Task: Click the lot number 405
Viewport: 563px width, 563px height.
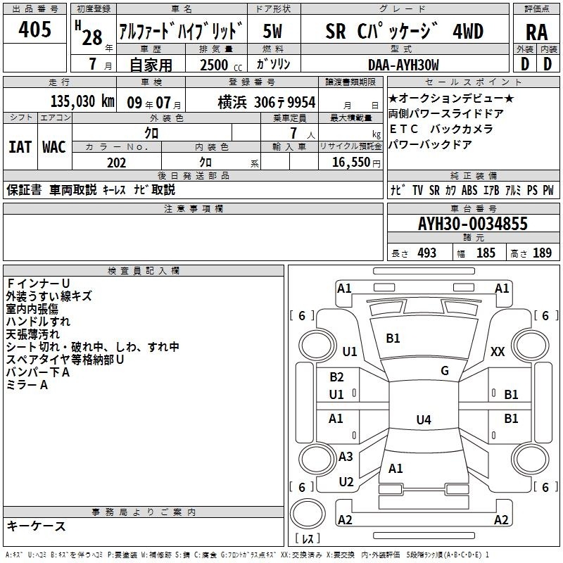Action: point(35,30)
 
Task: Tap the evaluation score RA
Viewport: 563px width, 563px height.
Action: point(536,32)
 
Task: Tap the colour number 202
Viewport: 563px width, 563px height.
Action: point(116,163)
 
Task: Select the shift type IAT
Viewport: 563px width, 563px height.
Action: point(19,147)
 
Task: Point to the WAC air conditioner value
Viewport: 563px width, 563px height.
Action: point(54,147)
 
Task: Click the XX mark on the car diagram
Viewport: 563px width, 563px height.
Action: point(498,352)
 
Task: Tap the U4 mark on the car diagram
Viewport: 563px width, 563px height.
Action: point(423,420)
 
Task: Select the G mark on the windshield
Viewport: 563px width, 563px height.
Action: point(445,371)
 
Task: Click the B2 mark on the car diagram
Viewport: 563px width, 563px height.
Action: point(336,377)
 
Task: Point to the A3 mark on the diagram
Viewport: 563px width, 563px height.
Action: point(346,457)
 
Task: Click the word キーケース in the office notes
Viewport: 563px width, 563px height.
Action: point(36,526)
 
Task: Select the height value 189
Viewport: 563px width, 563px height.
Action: point(543,253)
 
